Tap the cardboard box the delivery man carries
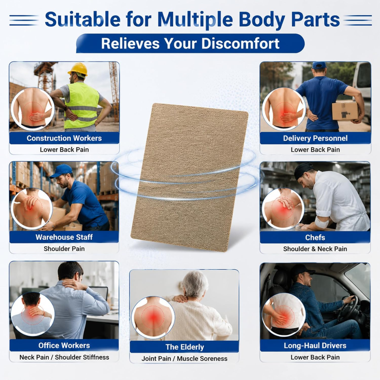345,111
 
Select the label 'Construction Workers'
64,138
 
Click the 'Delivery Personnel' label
315,138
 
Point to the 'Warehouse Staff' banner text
64,237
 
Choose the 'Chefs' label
315,237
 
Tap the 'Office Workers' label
64,345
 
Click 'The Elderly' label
185,347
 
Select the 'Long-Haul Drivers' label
315,345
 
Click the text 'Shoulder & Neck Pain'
315,249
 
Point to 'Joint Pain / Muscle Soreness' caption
184,359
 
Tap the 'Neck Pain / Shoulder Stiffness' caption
64,357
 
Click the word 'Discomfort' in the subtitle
240,43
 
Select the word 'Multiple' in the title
195,19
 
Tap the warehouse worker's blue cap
61,171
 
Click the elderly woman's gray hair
195,284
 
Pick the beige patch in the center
190,177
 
